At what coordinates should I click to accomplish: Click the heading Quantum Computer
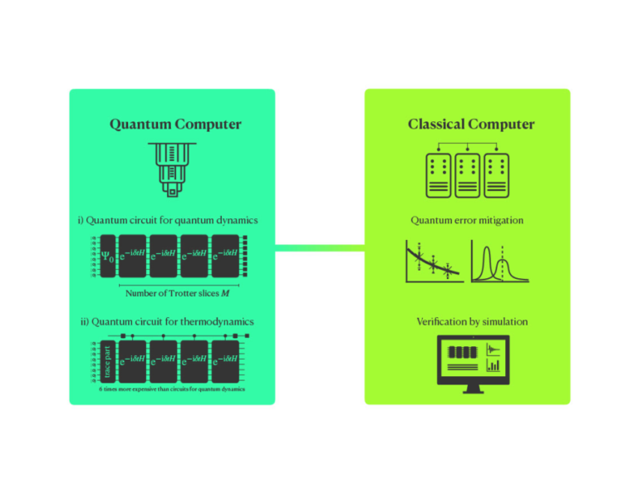click(175, 125)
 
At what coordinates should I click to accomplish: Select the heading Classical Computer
click(471, 125)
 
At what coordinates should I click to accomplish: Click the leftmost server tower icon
click(438, 175)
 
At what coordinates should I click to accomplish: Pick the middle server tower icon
click(468, 175)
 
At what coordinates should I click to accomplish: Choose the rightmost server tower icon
click(498, 175)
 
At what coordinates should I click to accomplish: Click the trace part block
click(106, 359)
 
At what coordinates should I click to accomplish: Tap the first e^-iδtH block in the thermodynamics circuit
click(132, 359)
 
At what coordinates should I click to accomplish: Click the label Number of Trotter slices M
click(177, 293)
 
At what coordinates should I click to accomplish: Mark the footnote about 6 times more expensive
click(172, 389)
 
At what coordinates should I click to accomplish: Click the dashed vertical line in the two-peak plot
click(502, 261)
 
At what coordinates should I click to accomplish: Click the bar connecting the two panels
click(320, 247)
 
